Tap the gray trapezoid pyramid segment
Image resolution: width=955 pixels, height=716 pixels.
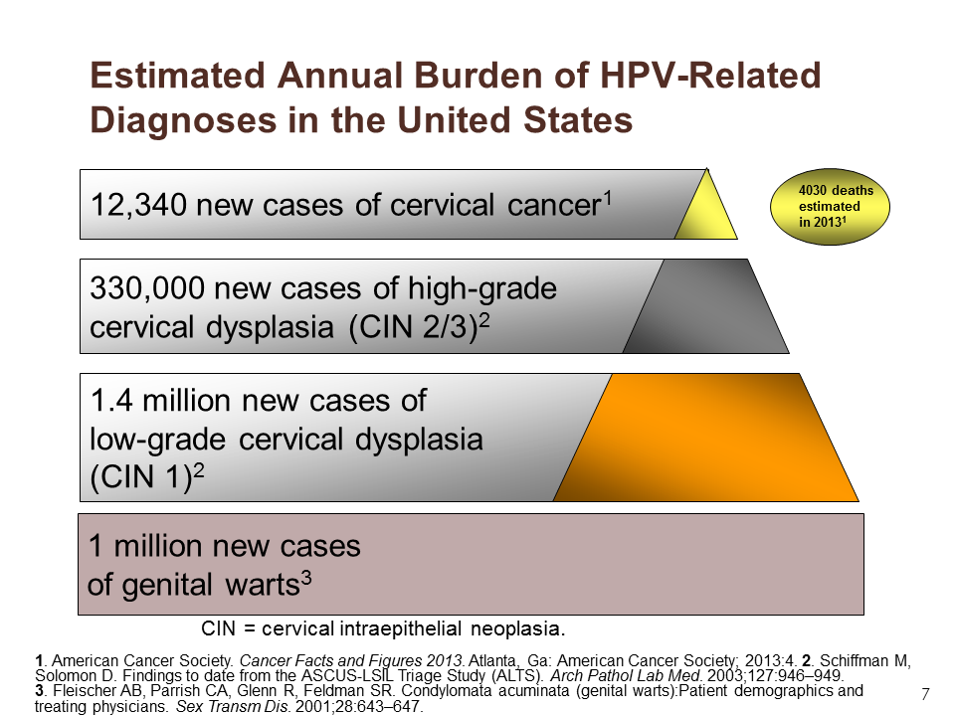coord(706,306)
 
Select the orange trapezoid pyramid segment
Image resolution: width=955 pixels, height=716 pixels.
coord(706,438)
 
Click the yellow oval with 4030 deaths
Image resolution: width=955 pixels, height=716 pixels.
coord(830,207)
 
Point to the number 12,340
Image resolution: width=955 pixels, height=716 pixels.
coord(138,205)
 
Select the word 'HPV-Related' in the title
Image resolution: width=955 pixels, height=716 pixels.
coord(710,76)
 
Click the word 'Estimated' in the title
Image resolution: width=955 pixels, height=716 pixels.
coord(178,76)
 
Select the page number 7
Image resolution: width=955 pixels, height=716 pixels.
coord(926,694)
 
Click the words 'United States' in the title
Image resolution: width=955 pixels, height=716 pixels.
coord(515,119)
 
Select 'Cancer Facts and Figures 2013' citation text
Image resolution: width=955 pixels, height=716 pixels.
coord(352,660)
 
